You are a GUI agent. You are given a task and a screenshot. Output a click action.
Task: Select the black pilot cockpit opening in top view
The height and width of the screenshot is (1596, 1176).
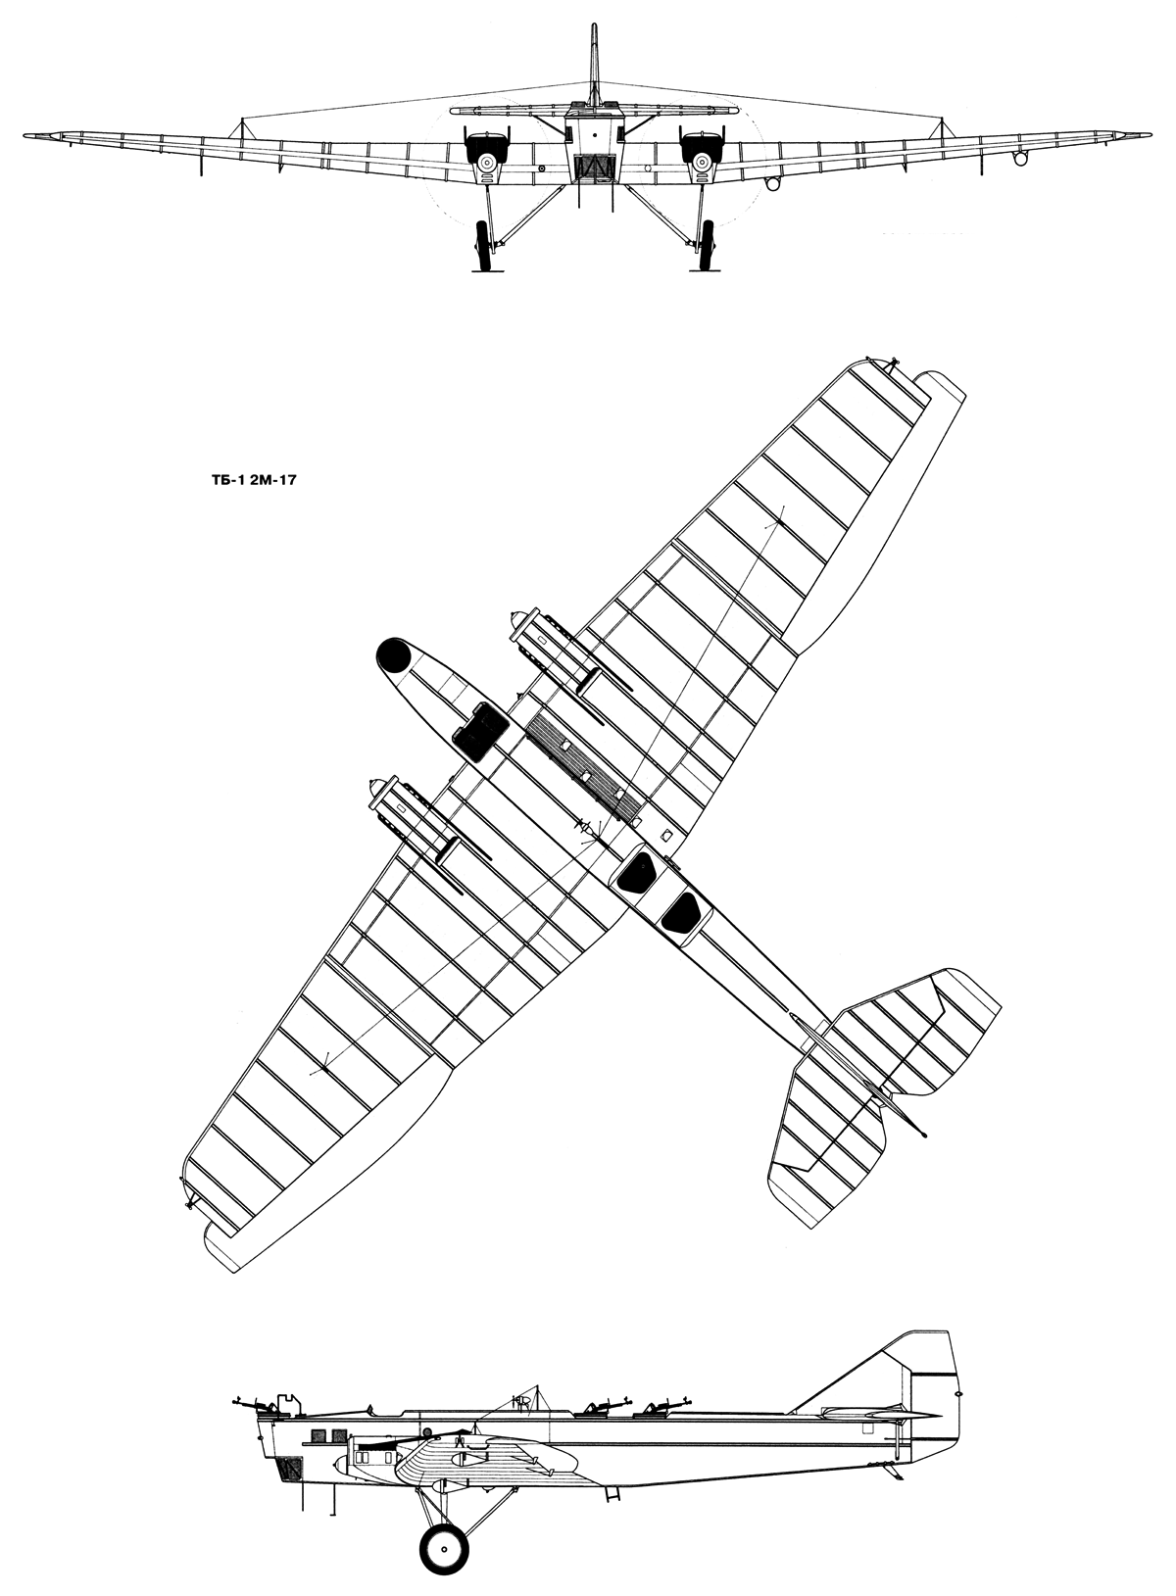tap(479, 731)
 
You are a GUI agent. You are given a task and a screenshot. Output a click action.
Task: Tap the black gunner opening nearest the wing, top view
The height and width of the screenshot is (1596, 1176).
tap(635, 869)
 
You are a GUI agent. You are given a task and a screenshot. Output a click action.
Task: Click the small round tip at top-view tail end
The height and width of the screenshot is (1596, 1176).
tap(925, 1134)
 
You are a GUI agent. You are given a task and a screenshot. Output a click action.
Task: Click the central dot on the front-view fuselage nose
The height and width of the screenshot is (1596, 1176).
tap(593, 132)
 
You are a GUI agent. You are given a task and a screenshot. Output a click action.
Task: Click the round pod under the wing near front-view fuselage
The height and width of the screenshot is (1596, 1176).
tap(772, 182)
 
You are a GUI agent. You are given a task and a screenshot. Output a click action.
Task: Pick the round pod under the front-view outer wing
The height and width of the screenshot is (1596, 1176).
tap(1020, 157)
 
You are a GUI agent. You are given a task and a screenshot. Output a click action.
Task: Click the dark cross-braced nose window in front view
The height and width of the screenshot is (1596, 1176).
tap(593, 168)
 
